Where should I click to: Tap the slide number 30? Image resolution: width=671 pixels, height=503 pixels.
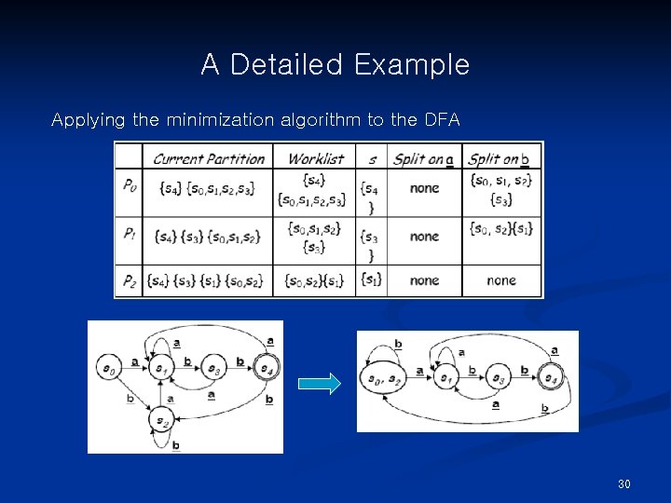pos(624,484)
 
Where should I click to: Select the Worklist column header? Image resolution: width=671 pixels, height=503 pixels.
pos(315,158)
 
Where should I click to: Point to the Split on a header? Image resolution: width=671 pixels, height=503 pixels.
pos(423,158)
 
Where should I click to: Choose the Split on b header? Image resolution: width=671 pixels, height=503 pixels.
pos(500,158)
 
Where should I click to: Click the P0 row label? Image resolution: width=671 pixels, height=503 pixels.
pos(129,185)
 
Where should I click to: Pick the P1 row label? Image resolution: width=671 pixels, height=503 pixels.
pos(129,236)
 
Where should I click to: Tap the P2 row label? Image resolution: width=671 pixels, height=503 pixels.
pos(129,279)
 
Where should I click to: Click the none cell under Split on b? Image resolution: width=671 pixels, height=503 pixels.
pos(500,279)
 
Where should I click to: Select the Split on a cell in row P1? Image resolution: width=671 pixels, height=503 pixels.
pos(423,237)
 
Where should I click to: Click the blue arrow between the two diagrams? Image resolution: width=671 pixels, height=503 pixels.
pos(319,384)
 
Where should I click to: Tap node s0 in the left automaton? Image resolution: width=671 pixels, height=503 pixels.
pos(107,369)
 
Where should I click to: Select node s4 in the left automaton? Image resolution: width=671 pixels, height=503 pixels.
pos(267,369)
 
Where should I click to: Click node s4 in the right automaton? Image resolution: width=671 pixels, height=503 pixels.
pos(552,379)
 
